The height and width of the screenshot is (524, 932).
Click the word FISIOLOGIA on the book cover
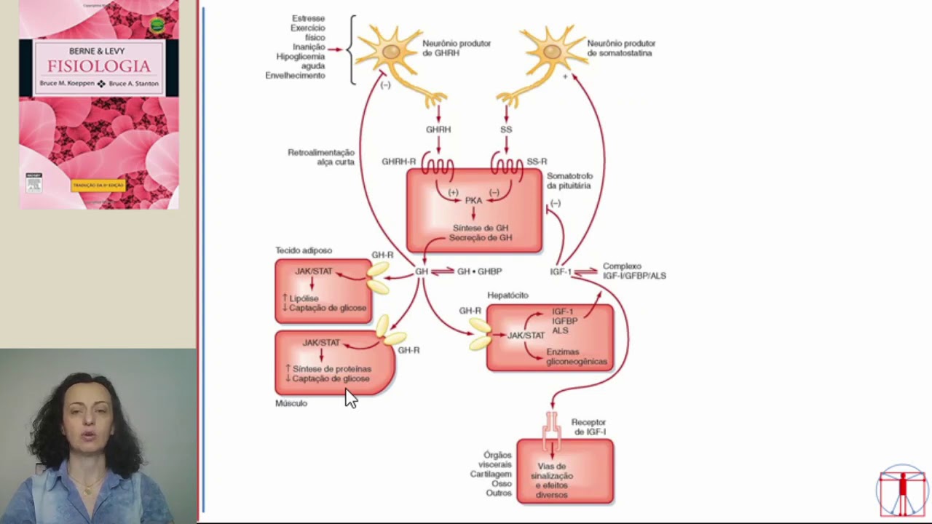[x=99, y=67]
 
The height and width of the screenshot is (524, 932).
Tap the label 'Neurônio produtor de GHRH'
[x=457, y=48]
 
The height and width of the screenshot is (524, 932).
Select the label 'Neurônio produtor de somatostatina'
[x=621, y=48]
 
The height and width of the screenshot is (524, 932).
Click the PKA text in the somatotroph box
[x=473, y=200]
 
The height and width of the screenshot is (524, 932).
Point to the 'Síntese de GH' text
[x=480, y=228]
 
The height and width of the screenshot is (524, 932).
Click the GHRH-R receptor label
[x=398, y=162]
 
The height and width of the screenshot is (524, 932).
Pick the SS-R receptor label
[x=537, y=162]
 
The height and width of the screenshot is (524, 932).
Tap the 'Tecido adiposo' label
[x=303, y=251]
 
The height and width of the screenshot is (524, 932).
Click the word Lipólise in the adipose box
[x=304, y=298]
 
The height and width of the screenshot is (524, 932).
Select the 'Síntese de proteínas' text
[x=331, y=369]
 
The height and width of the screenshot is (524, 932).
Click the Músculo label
[x=291, y=403]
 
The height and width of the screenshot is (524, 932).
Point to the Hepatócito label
[x=508, y=295]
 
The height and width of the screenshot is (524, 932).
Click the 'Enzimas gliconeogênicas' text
[x=576, y=357]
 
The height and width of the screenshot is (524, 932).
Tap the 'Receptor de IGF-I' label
[x=588, y=427]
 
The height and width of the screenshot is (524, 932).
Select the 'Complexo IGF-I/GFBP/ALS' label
[x=633, y=271]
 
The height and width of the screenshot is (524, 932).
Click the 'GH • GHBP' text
[x=479, y=271]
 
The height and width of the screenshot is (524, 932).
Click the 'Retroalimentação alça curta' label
[x=321, y=157]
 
